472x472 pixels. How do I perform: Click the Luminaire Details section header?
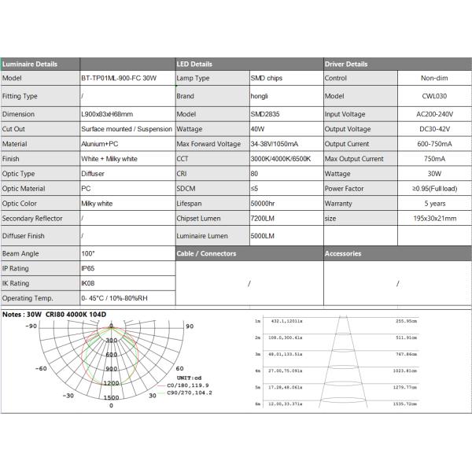pos(29,64)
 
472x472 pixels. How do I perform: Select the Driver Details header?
pos(346,64)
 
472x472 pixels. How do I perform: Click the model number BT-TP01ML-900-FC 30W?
pos(118,78)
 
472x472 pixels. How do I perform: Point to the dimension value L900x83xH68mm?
pos(108,114)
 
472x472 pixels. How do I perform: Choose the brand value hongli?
pos(260,96)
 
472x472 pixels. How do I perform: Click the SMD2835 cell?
pos(265,114)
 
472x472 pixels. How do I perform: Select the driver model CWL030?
pos(433,96)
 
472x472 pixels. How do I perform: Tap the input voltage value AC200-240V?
pos(433,114)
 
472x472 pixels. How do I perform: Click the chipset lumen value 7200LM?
pos(263,218)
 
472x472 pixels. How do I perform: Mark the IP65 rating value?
pos(88,268)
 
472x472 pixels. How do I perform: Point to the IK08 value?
pos(88,283)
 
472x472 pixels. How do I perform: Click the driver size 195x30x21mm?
pos(433,218)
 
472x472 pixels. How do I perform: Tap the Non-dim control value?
pos(433,78)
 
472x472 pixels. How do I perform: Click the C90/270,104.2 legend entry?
pos(184,393)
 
